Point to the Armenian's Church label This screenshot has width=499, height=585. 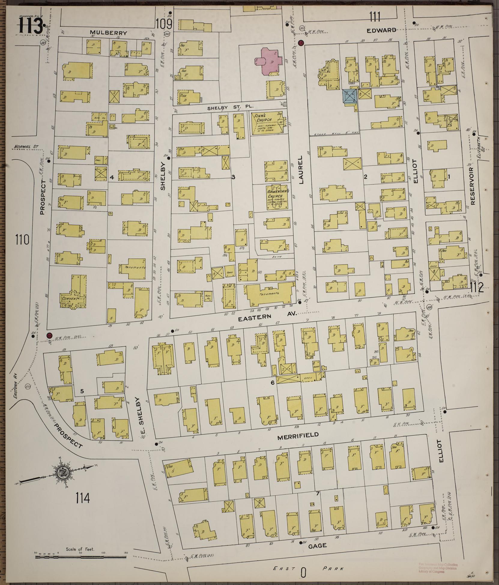click(278, 193)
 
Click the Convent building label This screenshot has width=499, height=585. click(69, 299)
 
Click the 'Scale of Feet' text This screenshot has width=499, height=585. click(80, 549)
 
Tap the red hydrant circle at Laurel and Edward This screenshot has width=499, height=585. click(301, 42)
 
